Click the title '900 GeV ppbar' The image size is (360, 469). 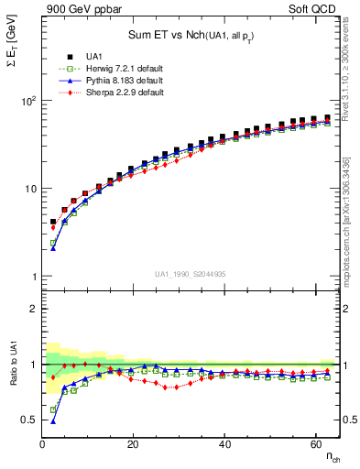point(78,9)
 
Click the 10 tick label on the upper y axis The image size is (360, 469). point(29,189)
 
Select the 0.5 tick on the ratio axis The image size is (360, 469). point(27,420)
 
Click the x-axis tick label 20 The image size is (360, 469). point(133,444)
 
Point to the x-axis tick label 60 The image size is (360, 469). point(315,444)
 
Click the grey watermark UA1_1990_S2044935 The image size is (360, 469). point(191,274)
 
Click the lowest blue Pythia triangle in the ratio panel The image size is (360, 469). point(52,421)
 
